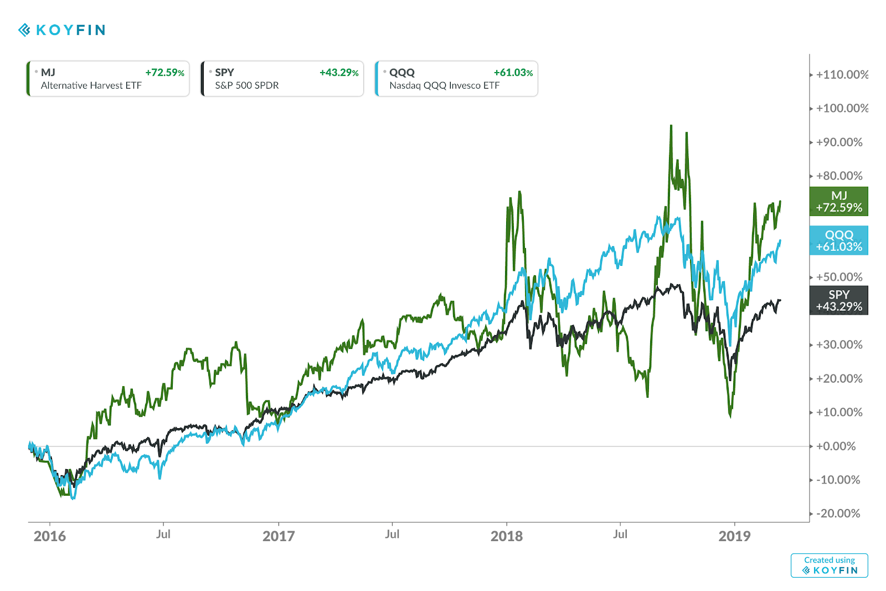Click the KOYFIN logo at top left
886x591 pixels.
[62, 30]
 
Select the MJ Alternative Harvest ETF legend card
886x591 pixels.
[108, 79]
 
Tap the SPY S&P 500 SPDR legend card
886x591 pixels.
[282, 79]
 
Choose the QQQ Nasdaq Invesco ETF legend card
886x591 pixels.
[456, 79]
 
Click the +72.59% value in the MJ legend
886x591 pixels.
[164, 73]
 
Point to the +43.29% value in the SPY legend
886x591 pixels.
[339, 73]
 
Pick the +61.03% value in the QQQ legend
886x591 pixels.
[513, 73]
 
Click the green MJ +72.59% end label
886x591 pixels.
[838, 202]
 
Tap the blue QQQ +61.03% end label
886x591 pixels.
[838, 240]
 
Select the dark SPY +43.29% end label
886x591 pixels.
[838, 300]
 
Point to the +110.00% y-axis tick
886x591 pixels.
[842, 75]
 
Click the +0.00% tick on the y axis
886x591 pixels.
[836, 446]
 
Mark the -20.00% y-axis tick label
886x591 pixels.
[838, 513]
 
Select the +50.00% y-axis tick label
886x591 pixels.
[839, 277]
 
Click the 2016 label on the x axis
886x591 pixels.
[50, 536]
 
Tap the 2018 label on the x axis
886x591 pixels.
[507, 536]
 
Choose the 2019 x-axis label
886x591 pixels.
[734, 536]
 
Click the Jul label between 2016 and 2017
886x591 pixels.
[163, 534]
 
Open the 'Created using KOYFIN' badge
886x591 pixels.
[829, 566]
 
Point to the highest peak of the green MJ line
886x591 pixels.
[671, 126]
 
